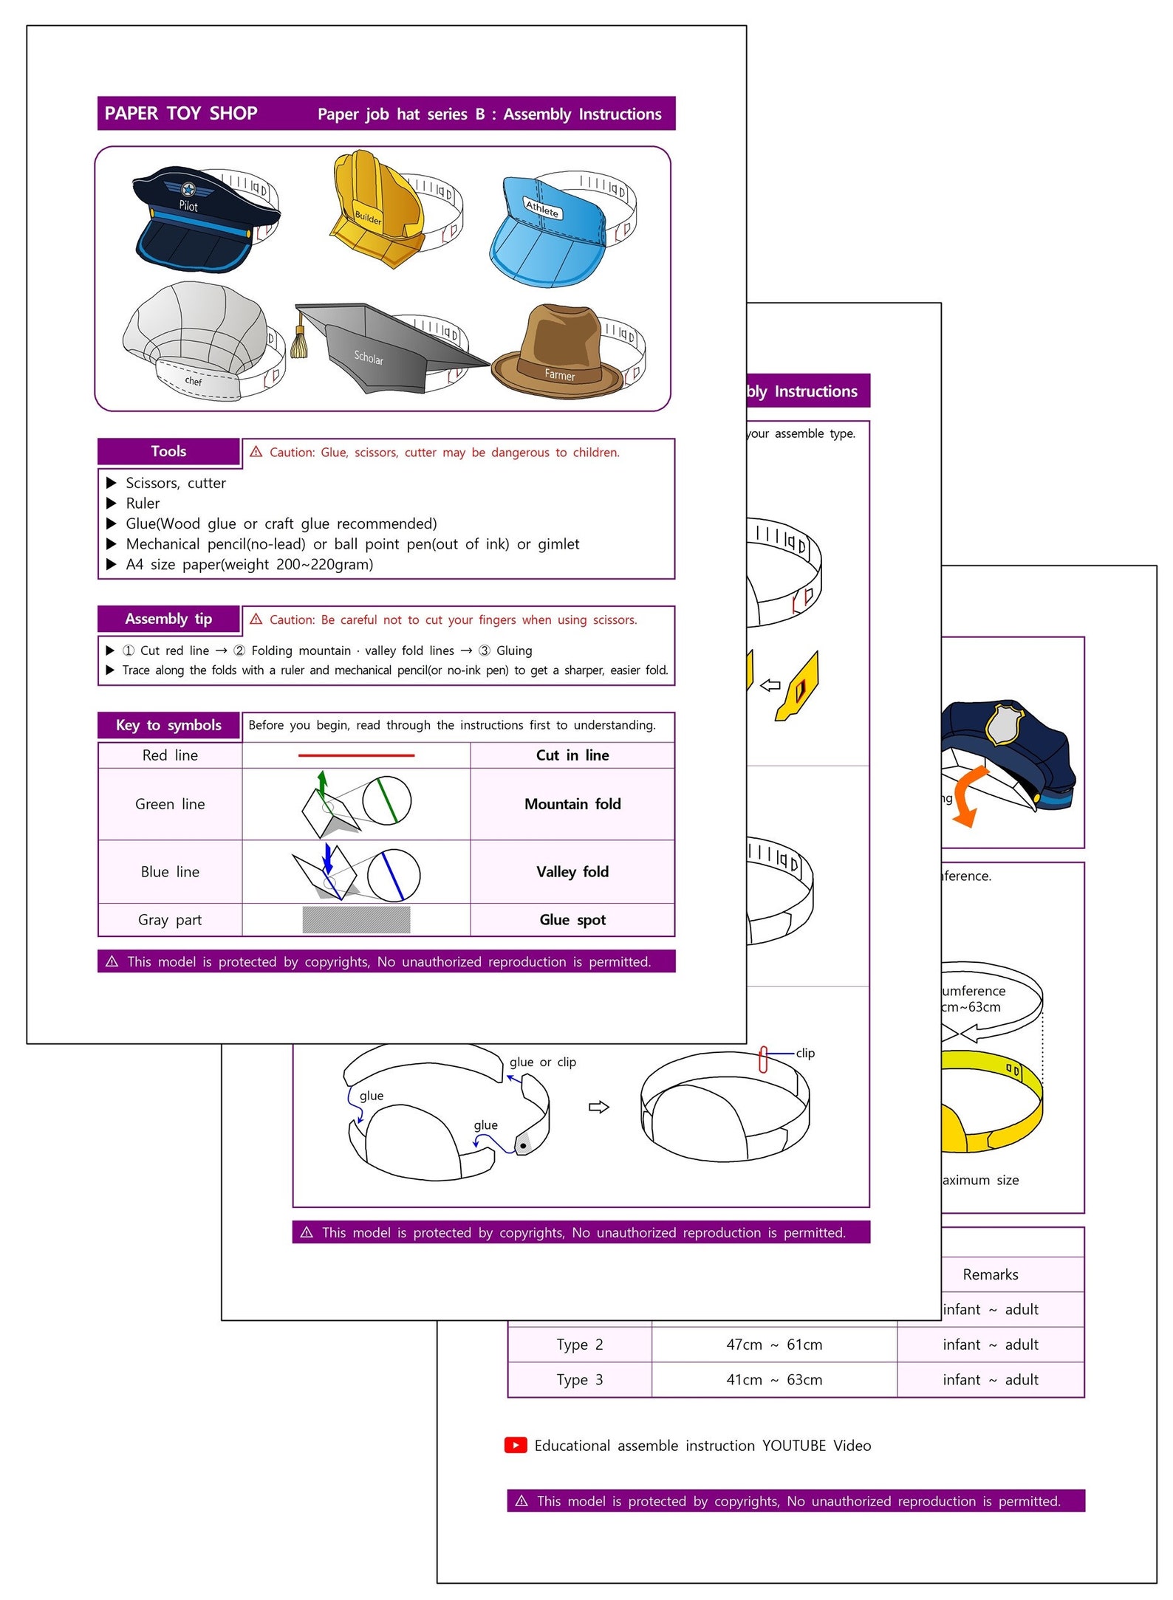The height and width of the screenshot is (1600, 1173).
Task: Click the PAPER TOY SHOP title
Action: point(181,114)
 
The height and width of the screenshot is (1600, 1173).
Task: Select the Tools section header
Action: point(168,452)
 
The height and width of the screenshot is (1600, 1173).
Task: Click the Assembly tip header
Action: point(168,619)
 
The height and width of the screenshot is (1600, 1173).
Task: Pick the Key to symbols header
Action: point(168,726)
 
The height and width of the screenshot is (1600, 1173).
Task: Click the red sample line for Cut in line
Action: point(356,755)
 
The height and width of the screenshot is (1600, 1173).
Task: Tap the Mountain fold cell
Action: point(572,804)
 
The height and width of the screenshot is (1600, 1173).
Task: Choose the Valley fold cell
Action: point(572,872)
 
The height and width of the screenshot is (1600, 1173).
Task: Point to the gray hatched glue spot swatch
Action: point(356,920)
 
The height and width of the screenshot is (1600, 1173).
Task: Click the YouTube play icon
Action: point(516,1445)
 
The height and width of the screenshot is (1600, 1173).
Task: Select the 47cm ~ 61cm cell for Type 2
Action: point(774,1345)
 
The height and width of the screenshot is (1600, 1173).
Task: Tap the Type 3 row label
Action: point(580,1379)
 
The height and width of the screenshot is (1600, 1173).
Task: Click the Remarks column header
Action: point(991,1274)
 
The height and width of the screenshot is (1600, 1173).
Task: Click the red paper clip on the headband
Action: point(764,1059)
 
